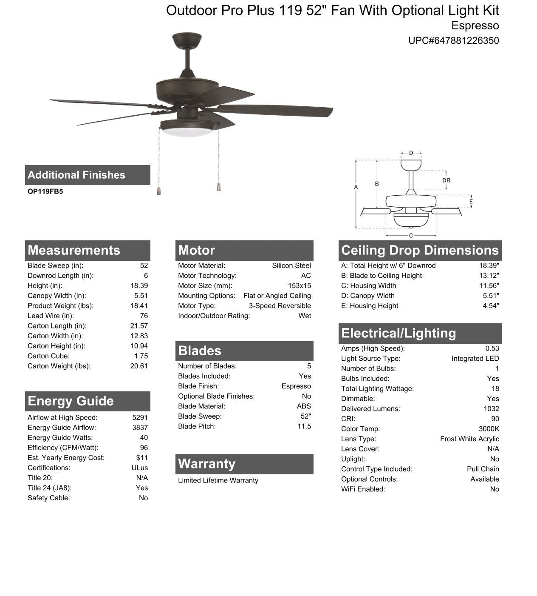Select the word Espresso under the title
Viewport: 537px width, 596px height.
(475, 26)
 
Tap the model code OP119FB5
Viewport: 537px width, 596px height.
(45, 191)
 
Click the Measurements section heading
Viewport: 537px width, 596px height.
(74, 250)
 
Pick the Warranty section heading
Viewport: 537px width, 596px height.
(206, 464)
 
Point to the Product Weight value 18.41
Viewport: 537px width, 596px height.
(139, 306)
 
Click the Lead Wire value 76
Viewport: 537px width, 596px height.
(144, 316)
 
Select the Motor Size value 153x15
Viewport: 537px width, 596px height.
(299, 286)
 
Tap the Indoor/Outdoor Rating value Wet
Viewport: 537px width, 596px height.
(305, 316)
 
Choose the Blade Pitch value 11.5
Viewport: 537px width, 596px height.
(304, 426)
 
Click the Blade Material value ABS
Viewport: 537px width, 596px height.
(304, 406)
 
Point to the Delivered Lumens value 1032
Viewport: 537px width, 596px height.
(491, 409)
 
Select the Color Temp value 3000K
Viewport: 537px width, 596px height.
(489, 429)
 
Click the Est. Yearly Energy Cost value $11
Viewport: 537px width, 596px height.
(142, 458)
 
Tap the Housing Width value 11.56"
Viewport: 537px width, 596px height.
(489, 286)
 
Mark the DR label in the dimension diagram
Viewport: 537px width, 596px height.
(446, 180)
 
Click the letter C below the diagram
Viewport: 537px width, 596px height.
(411, 236)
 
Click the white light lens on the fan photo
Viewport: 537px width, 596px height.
(187, 132)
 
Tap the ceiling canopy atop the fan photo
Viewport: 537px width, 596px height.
(187, 40)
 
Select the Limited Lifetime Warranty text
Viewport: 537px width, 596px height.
(218, 480)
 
